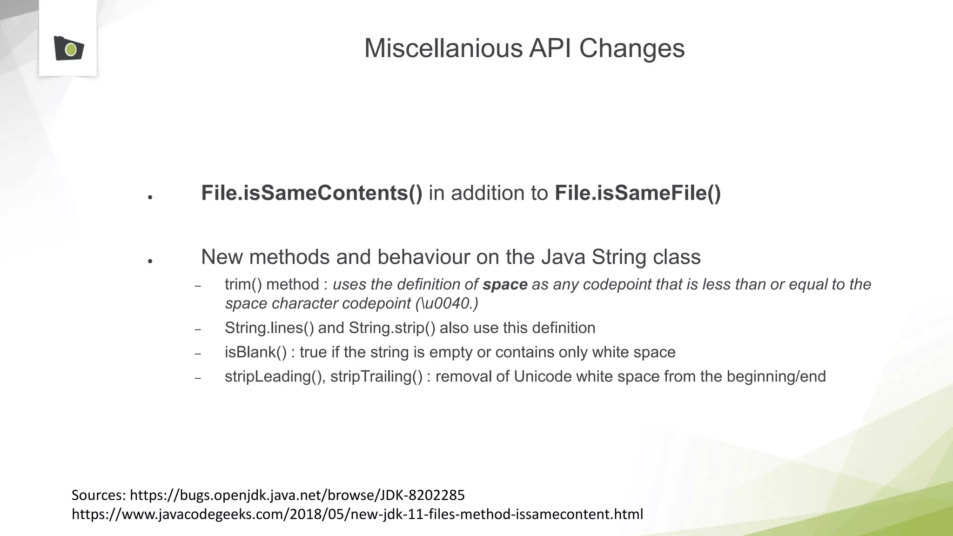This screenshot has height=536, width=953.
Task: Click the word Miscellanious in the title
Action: pos(443,48)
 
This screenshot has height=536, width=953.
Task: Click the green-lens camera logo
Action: pos(68,48)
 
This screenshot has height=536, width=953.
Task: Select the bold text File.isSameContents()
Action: pos(311,193)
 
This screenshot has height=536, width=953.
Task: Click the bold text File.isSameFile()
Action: pos(638,193)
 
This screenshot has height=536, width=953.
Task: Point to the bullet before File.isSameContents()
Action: pos(150,197)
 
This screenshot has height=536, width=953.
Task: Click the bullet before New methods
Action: pos(150,261)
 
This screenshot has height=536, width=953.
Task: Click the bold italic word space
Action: pos(505,284)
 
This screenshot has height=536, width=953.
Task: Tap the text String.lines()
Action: pos(269,328)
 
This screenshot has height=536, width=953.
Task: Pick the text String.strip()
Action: pos(392,328)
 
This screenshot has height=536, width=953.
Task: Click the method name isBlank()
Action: pos(255,352)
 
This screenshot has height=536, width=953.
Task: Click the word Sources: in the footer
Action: pos(99,495)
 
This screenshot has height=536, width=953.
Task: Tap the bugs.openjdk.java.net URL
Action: pos(297,495)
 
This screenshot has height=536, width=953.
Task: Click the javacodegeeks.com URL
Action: pos(357,514)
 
